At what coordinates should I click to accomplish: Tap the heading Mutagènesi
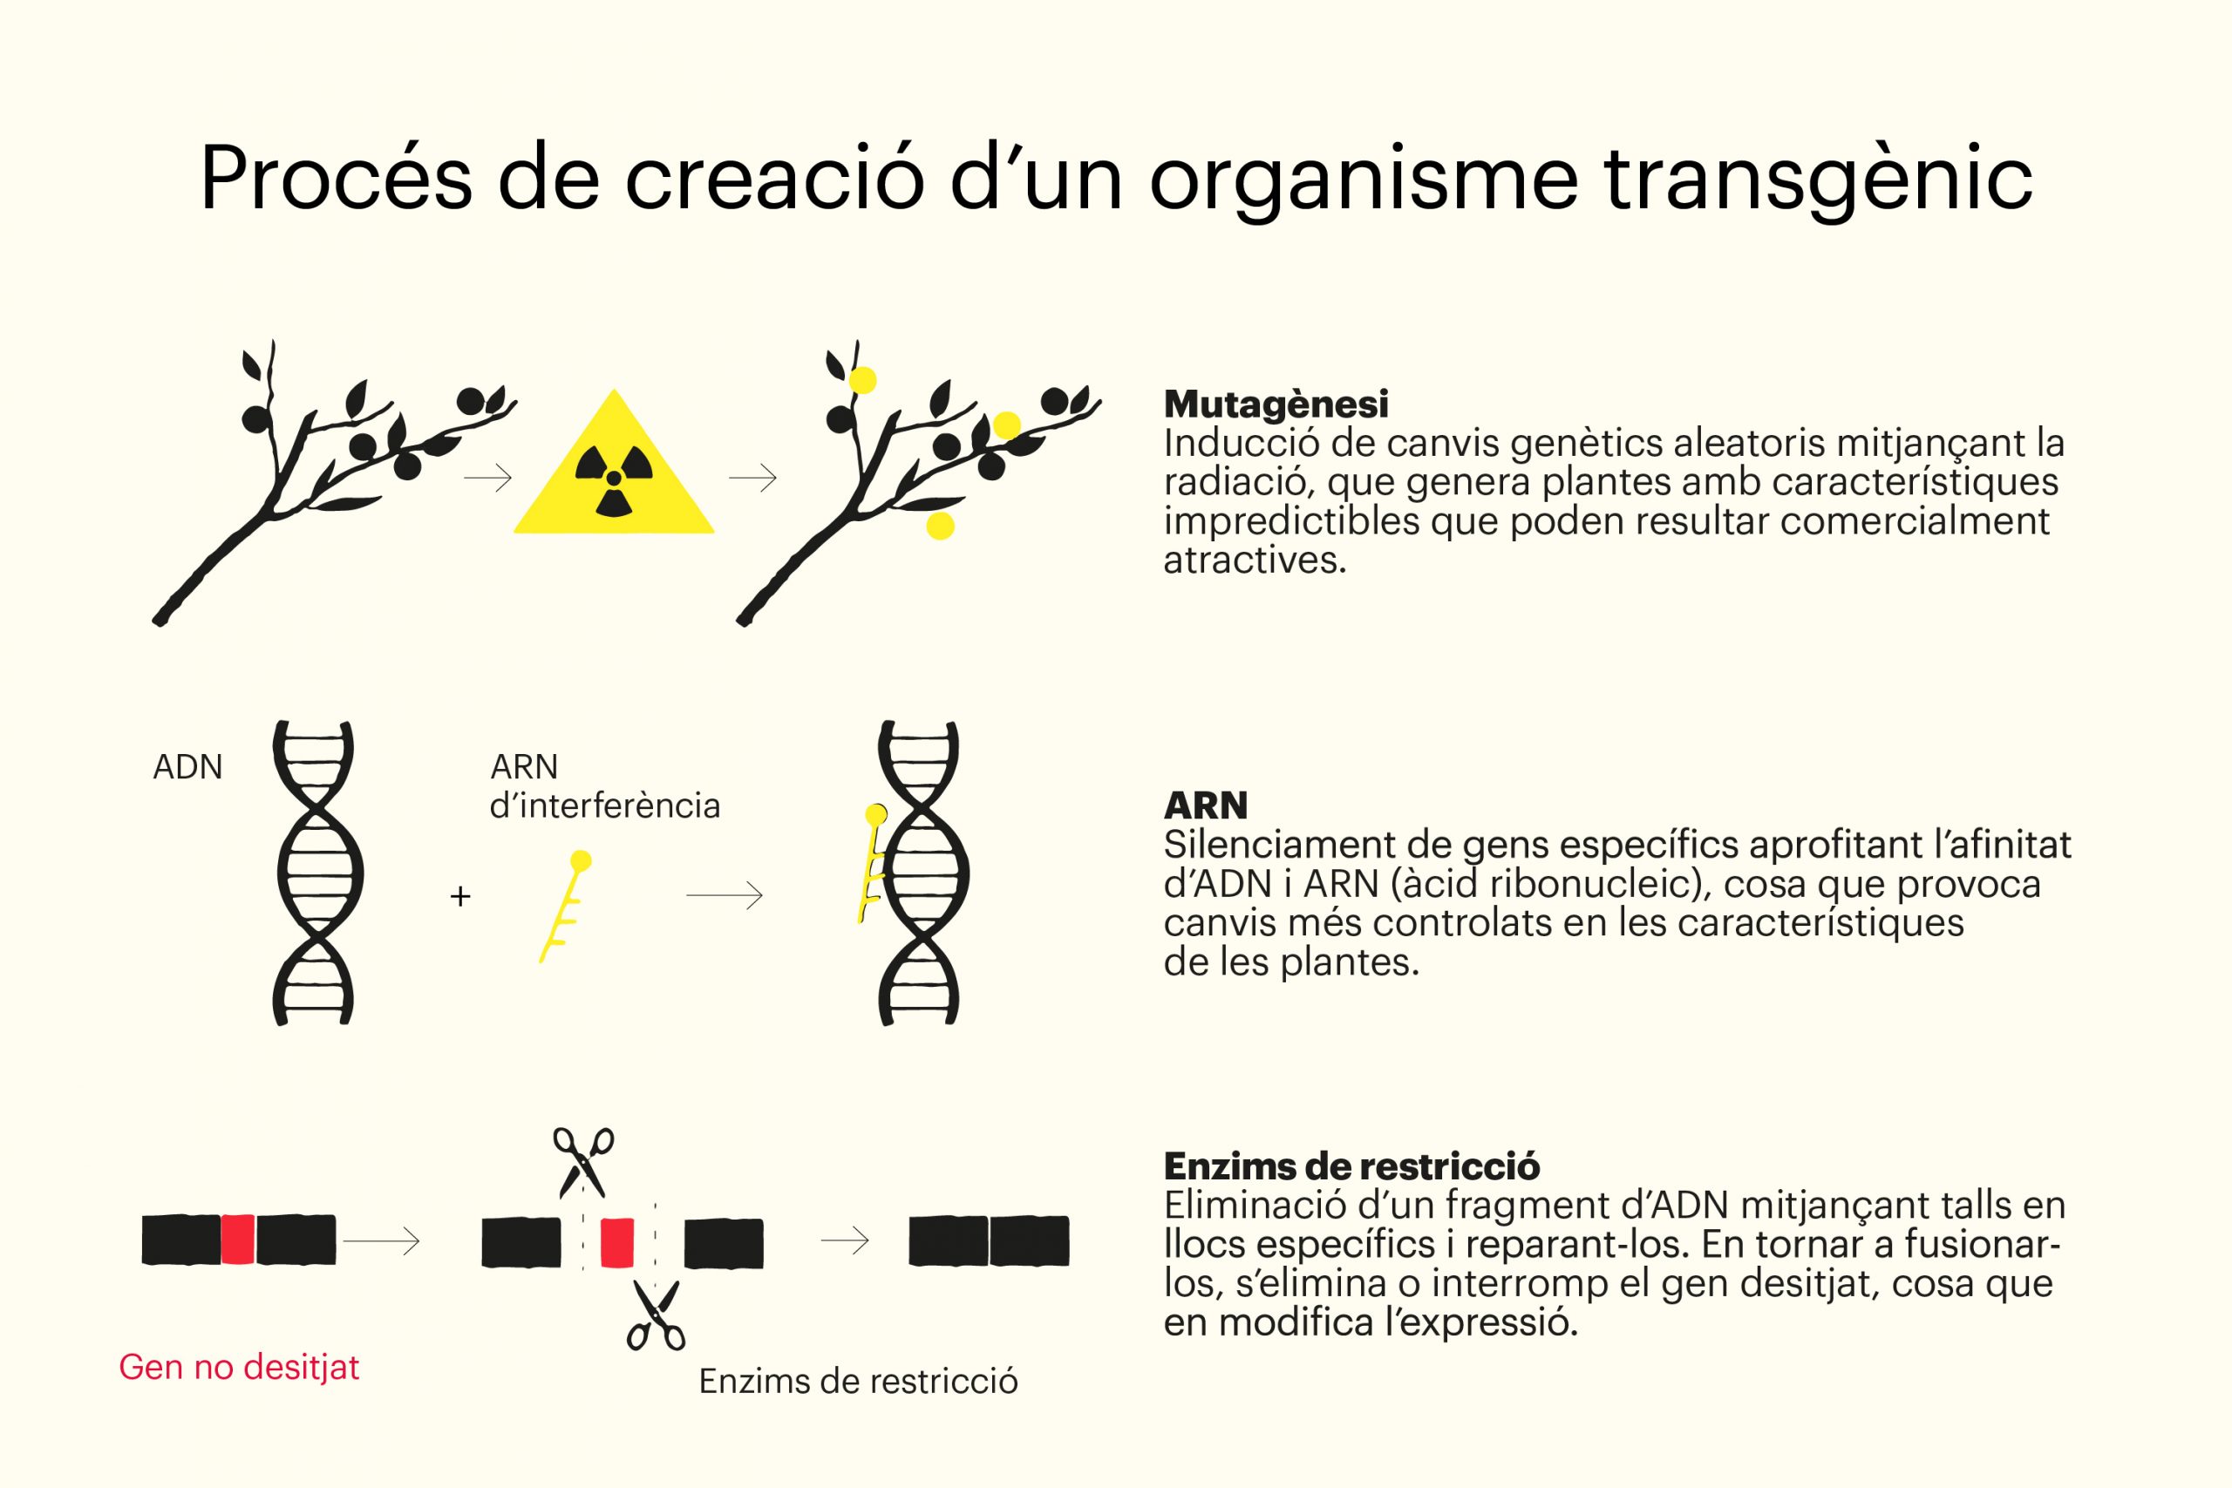point(1276,405)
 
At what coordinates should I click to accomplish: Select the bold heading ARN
point(1205,805)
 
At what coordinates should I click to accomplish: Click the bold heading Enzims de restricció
point(1351,1166)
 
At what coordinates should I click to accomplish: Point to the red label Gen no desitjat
point(239,1368)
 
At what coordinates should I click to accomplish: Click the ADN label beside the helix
point(188,767)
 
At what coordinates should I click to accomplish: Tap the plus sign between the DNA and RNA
point(460,896)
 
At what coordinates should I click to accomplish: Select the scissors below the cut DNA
point(656,1315)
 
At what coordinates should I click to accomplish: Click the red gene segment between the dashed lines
point(616,1242)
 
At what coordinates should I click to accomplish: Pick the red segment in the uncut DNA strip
point(237,1240)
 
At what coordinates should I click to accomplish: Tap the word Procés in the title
point(336,179)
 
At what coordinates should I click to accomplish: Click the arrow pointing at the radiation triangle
point(487,478)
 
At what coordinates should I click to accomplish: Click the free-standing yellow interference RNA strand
point(566,907)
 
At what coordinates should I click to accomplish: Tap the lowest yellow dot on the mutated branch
point(940,525)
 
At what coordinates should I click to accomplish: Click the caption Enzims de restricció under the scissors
point(858,1382)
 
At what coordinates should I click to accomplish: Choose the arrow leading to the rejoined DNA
point(845,1240)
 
